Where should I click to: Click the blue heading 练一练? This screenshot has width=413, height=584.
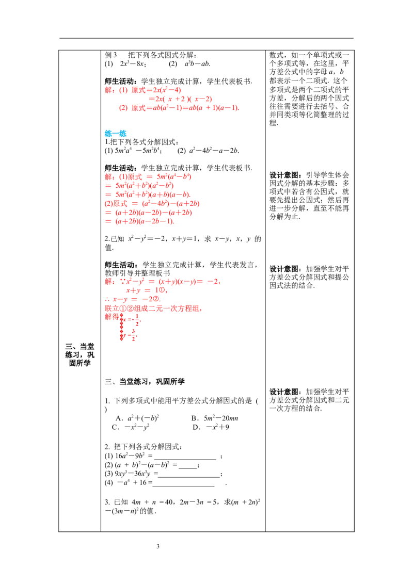(116, 133)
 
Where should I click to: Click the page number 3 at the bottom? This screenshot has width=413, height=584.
(157, 546)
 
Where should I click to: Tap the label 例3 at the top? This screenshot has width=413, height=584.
(110, 55)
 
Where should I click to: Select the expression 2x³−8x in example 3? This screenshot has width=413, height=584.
(132, 63)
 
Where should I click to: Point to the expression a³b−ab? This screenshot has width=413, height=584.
(197, 63)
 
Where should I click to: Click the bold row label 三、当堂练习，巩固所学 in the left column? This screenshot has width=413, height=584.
(80, 354)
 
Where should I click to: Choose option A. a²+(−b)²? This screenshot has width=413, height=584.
(137, 418)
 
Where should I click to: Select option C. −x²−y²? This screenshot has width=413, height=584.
(131, 427)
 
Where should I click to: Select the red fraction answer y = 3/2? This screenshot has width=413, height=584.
(130, 334)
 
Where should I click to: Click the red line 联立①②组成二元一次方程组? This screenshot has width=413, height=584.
(153, 309)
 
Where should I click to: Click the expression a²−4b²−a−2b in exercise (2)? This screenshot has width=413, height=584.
(214, 151)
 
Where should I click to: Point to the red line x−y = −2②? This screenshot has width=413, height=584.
(133, 299)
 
